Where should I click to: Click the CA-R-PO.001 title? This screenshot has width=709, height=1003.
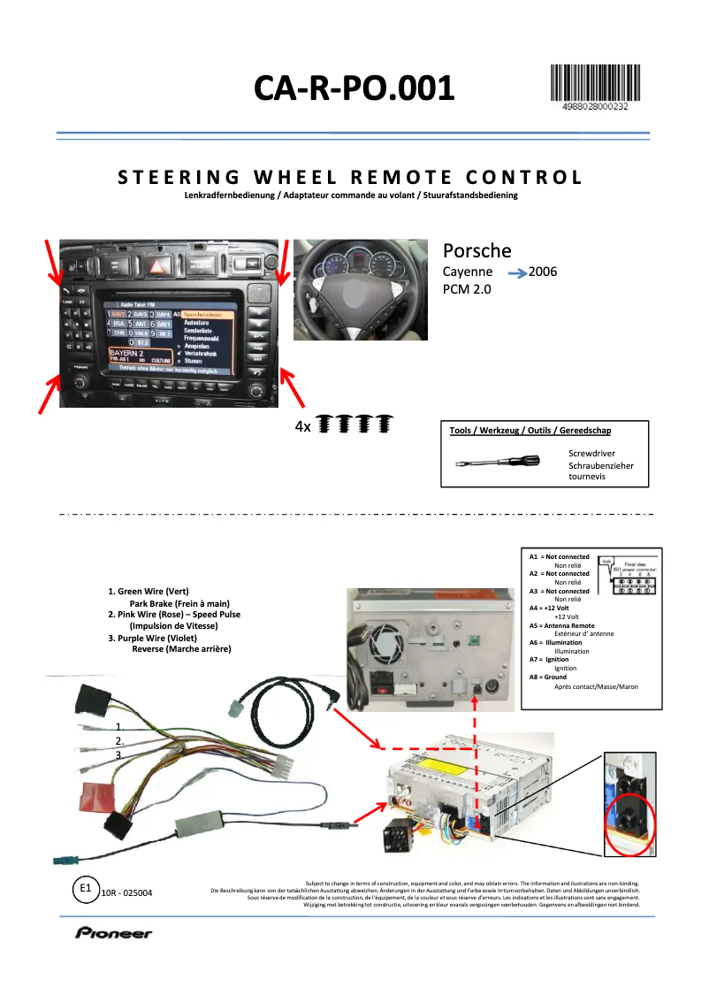[354, 88]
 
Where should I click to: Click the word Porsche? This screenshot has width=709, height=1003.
[476, 250]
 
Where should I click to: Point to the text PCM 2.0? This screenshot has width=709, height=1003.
[466, 288]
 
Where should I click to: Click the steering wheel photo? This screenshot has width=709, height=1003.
[360, 289]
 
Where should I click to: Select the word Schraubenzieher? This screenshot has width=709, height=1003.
[601, 465]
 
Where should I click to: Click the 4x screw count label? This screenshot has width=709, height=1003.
[302, 426]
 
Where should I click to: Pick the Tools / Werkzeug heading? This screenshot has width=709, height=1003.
[530, 431]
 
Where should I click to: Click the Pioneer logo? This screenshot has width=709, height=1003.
[113, 933]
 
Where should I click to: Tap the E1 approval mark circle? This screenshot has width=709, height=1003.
[85, 888]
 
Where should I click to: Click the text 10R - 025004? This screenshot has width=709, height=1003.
[126, 893]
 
